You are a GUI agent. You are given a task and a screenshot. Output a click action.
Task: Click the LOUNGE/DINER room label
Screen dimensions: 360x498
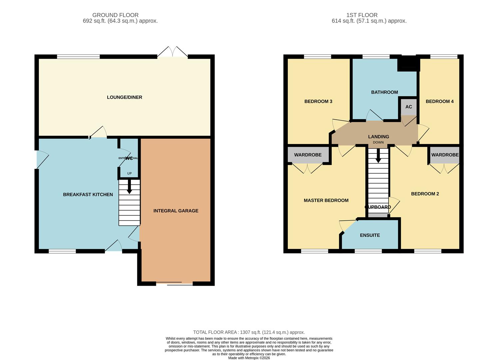click(124, 97)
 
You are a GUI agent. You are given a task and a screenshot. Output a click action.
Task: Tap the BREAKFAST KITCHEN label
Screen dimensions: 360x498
click(88, 194)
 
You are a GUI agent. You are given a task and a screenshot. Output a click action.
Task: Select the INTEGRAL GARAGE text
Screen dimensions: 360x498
click(176, 211)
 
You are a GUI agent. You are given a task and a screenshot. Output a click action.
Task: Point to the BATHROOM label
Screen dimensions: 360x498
click(384, 92)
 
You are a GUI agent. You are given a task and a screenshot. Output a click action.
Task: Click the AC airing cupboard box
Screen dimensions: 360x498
click(408, 107)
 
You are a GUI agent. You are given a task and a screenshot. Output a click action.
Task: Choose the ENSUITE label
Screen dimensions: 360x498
click(370, 235)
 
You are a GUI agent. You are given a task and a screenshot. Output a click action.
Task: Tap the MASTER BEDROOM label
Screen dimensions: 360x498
click(326, 200)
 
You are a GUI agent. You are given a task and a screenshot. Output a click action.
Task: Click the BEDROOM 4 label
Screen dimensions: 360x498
click(439, 101)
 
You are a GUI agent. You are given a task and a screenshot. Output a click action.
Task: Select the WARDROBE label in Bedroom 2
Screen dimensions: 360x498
click(445, 155)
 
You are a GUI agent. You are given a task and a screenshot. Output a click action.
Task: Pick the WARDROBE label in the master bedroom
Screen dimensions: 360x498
click(308, 155)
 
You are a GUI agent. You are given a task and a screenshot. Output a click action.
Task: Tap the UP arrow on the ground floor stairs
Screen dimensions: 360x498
click(129, 187)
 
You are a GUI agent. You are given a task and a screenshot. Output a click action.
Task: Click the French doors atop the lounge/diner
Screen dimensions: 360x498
click(173, 53)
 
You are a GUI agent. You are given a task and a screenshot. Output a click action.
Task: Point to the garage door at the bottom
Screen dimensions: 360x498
click(174, 284)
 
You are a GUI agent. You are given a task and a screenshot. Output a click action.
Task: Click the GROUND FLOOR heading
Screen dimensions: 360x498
click(115, 15)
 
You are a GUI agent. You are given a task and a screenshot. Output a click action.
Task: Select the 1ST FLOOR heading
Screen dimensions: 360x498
click(362, 15)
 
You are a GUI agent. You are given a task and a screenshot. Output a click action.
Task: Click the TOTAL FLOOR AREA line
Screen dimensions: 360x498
click(249, 332)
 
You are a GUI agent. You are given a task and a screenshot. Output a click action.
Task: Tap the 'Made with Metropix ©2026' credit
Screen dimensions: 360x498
click(249, 358)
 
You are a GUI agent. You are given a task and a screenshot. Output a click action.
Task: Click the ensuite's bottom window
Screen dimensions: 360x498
click(368, 251)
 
